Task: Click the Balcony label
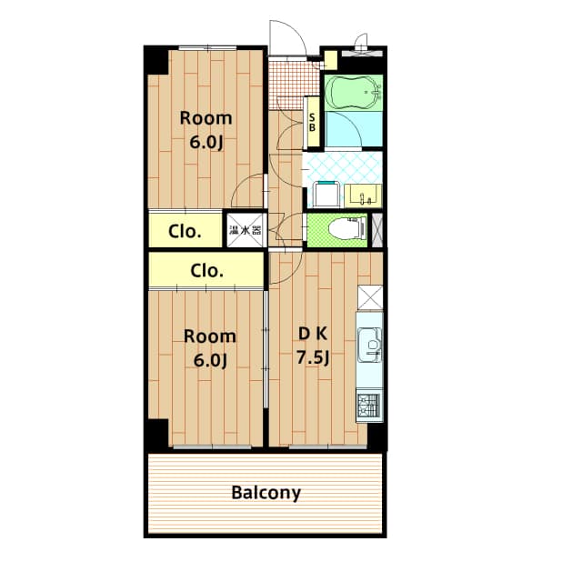pyautogui.click(x=266, y=494)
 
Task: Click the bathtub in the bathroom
pyautogui.click(x=354, y=92)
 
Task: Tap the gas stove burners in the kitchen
pyautogui.click(x=369, y=405)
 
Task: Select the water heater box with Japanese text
pyautogui.click(x=245, y=230)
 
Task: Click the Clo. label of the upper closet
pyautogui.click(x=185, y=231)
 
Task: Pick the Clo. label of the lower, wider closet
pyautogui.click(x=207, y=270)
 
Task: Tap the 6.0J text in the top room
pyautogui.click(x=206, y=143)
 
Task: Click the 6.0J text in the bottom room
pyautogui.click(x=210, y=359)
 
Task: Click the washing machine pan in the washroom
pyautogui.click(x=326, y=193)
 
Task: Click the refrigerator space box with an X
pyautogui.click(x=371, y=298)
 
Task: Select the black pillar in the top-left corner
pyautogui.click(x=156, y=59)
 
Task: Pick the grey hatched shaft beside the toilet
pyautogui.click(x=378, y=228)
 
